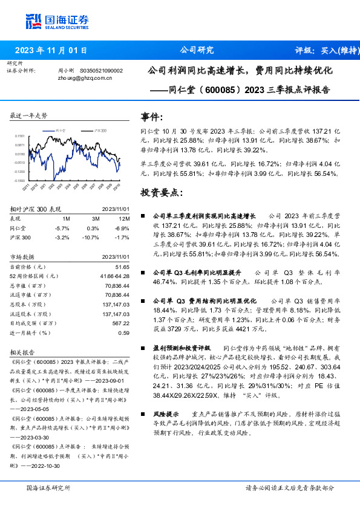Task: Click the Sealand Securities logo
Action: (x=56, y=21)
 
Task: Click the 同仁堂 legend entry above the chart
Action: (x=59, y=130)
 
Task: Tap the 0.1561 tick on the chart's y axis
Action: (x=20, y=137)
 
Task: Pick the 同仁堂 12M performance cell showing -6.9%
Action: (x=123, y=229)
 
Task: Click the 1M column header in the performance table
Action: (x=66, y=219)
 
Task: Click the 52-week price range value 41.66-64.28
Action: (x=116, y=276)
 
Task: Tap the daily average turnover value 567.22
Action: (x=121, y=323)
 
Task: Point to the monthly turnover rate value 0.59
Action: (x=124, y=332)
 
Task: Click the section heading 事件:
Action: (x=151, y=117)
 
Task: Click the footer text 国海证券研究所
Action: (x=48, y=487)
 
